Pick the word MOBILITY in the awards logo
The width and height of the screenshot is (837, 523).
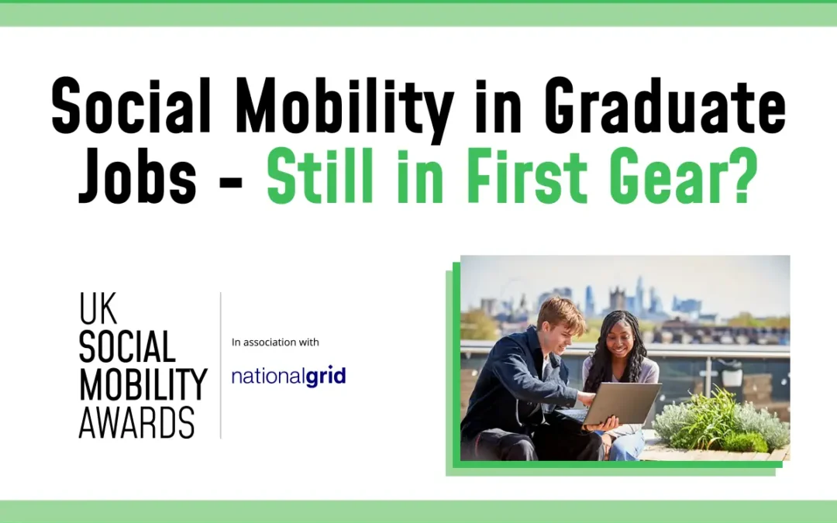pyautogui.click(x=143, y=384)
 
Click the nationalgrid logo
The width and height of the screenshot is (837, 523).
pyautogui.click(x=288, y=377)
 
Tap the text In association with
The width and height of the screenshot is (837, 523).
pyautogui.click(x=275, y=342)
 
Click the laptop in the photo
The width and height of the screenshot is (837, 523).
pyautogui.click(x=620, y=403)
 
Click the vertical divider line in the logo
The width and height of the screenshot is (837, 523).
pyautogui.click(x=221, y=365)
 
